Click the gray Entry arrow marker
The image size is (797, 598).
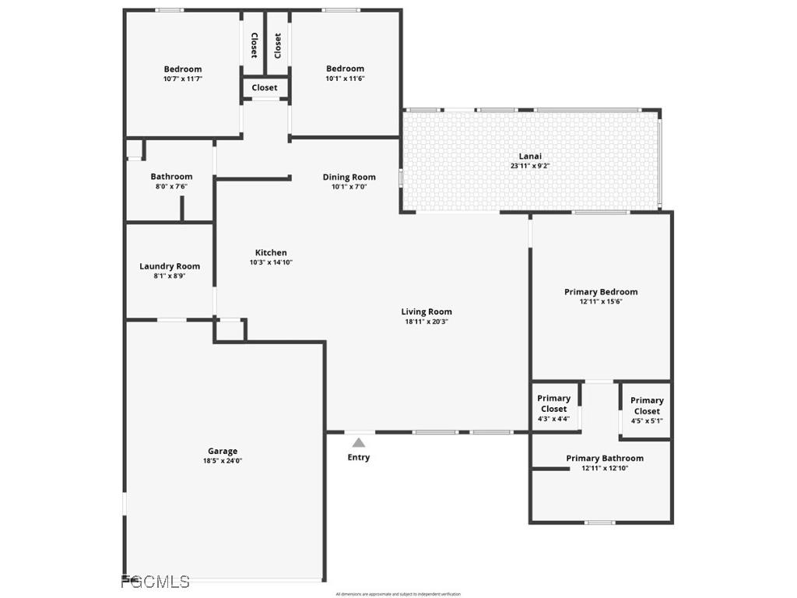(358, 442)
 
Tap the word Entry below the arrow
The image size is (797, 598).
(359, 457)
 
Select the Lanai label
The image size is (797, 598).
(530, 156)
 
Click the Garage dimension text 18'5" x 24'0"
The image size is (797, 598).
(223, 461)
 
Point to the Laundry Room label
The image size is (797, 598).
(170, 266)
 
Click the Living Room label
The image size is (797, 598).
(427, 312)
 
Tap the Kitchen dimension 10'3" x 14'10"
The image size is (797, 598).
(271, 262)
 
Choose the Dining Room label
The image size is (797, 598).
(349, 177)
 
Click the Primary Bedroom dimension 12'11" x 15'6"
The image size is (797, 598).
(601, 301)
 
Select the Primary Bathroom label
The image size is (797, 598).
(605, 459)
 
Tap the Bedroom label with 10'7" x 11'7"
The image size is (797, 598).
(182, 69)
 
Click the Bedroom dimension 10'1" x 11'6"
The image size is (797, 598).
(345, 79)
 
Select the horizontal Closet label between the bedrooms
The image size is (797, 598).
(265, 88)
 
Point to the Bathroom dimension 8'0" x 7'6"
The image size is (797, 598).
(171, 186)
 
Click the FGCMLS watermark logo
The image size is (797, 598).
(155, 582)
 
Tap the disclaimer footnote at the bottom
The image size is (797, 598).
(398, 594)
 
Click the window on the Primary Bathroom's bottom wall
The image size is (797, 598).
(600, 522)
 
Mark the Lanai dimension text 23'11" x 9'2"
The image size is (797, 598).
(530, 166)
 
